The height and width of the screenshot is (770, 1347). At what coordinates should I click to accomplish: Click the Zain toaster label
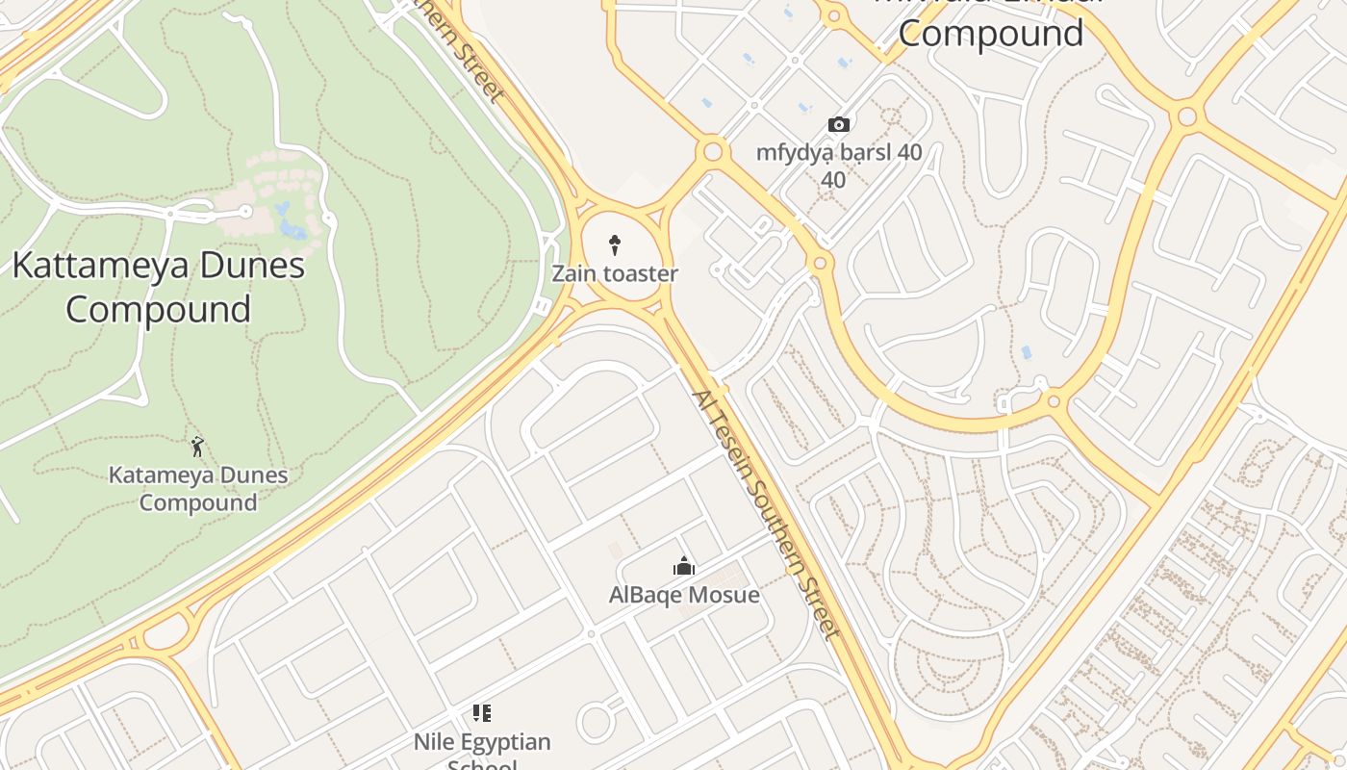[615, 273]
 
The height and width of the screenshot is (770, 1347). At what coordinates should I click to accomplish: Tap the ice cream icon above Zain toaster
[615, 244]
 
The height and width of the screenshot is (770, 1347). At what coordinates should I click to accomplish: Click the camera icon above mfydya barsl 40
[839, 124]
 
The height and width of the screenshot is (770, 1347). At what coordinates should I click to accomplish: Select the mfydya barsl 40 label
[839, 152]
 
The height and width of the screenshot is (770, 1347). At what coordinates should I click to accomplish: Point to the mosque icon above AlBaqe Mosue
[684, 566]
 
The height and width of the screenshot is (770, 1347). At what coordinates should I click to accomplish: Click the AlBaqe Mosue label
[684, 595]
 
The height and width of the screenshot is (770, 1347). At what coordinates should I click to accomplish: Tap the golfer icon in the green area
[197, 447]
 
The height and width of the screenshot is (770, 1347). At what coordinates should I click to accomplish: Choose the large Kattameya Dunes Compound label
[159, 287]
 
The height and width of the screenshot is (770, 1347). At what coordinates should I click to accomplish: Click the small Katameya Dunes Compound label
[198, 488]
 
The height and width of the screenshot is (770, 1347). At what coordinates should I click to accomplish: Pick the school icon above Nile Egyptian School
[482, 713]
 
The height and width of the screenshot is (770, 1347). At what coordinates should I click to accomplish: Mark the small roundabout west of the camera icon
[713, 150]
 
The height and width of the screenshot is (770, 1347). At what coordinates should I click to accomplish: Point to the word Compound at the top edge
[990, 34]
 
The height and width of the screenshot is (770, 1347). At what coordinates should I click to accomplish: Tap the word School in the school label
[482, 764]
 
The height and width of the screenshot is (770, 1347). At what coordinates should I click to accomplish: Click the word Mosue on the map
[723, 595]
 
